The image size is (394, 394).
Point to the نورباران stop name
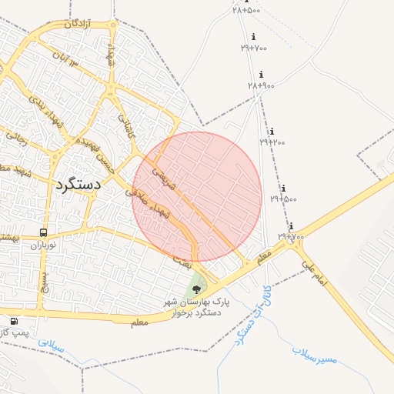pyautogui.click(x=45, y=246)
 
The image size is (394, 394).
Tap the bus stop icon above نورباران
pyautogui.click(x=43, y=232)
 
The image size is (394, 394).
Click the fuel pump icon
pyautogui.click(x=14, y=321)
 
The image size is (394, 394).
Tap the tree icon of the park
pyautogui.click(x=197, y=290)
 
